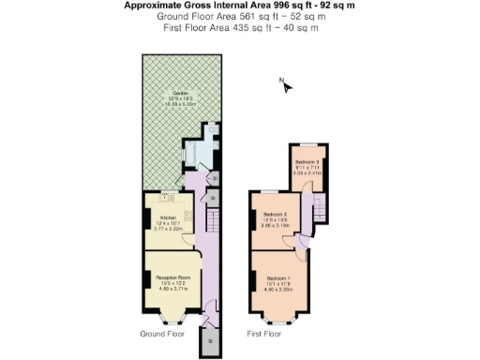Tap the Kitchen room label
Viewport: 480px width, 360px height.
[x=168, y=217]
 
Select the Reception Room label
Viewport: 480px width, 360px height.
[x=172, y=277]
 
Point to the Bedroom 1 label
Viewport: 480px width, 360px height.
[x=279, y=279]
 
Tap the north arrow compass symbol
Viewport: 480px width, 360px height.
[x=286, y=86]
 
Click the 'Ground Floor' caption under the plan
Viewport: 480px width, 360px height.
[x=162, y=334]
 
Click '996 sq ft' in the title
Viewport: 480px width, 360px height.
[x=265, y=6]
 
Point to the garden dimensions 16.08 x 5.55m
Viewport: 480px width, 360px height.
[x=175, y=106]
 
